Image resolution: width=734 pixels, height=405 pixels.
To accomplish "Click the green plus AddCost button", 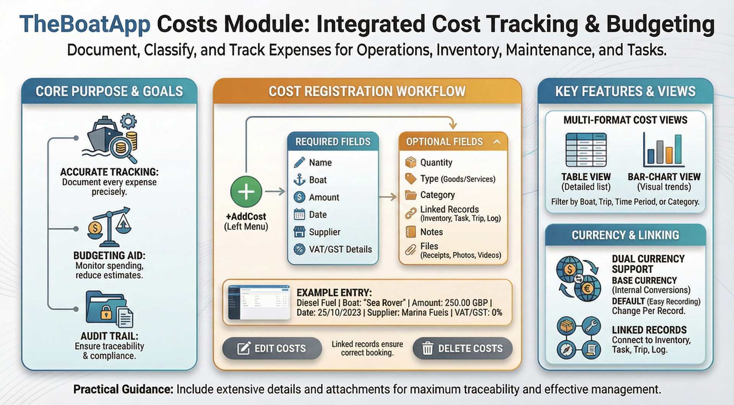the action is tap(246, 192).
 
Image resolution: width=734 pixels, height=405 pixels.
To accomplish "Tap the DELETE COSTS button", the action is tap(463, 348).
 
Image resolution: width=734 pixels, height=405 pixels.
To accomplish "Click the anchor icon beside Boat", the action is tap(299, 180).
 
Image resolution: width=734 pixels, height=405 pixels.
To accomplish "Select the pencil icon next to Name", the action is tap(299, 162).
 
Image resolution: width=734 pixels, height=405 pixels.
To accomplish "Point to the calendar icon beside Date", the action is tap(299, 215).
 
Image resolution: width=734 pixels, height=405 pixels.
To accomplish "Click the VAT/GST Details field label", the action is tap(340, 249).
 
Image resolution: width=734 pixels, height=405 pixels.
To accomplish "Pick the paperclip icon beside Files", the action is tap(411, 250).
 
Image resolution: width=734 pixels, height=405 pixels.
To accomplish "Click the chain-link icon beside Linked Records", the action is tap(411, 213).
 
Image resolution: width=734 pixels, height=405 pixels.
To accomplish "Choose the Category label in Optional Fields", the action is tap(437, 195).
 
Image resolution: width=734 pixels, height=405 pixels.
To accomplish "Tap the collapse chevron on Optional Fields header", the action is tap(497, 142).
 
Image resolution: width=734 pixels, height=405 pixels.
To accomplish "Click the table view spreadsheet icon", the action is tap(586, 150).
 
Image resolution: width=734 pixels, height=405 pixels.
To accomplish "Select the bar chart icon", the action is tap(664, 150).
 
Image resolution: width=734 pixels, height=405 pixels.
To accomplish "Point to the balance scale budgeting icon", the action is tap(109, 227).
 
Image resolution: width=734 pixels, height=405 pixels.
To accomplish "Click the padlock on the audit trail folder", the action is tap(106, 313).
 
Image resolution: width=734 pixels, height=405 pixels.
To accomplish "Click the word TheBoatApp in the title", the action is tap(85, 24).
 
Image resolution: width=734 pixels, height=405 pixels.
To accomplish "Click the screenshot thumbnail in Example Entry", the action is tap(259, 302).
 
